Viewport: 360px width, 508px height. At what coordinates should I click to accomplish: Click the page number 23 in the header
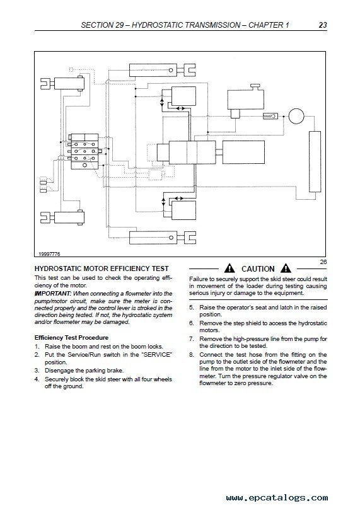point(323,25)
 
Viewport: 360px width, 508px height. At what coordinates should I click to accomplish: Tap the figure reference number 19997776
point(49,255)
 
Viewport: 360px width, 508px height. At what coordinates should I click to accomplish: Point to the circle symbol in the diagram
point(296,117)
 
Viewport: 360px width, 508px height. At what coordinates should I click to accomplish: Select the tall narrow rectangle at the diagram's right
point(315,162)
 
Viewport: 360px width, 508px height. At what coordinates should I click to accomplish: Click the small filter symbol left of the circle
point(270,116)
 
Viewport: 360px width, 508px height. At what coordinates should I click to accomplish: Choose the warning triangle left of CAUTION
point(229,268)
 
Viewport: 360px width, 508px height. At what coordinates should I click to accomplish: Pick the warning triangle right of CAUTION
point(286,268)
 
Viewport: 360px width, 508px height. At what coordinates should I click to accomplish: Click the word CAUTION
point(258,269)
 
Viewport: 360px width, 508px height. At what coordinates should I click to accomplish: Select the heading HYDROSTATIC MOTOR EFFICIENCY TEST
point(102,268)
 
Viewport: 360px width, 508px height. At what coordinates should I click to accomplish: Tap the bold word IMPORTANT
point(52,294)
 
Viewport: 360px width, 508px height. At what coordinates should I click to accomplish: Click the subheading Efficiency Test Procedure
point(72,338)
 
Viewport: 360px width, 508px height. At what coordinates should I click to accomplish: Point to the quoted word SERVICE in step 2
point(157,355)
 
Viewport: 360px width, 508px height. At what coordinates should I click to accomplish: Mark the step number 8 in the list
point(191,355)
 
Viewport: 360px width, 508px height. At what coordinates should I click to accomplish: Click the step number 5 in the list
point(191,308)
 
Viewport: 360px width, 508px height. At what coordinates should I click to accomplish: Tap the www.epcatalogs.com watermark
point(277,497)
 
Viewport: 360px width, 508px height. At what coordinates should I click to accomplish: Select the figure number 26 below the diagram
point(323,262)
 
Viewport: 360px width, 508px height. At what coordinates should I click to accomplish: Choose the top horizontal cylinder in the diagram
point(153,70)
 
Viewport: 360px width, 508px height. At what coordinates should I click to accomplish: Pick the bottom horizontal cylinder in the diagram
point(153,238)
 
